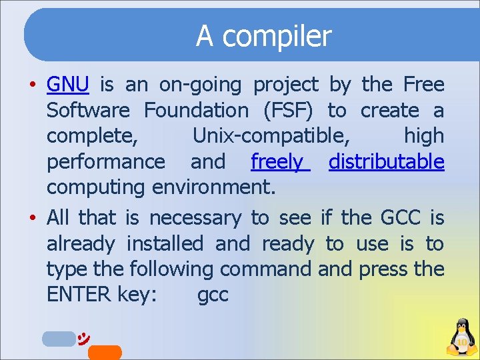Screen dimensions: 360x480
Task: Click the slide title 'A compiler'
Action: pos(263,37)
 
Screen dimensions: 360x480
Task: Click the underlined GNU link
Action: pos(67,85)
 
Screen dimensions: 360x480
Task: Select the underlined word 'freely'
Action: pos(279,161)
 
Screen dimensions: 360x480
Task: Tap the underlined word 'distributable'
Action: pos(386,161)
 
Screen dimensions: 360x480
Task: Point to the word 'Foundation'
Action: pos(196,110)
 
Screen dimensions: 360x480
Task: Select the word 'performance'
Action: pos(106,162)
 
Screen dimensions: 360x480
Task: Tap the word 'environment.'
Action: pos(213,187)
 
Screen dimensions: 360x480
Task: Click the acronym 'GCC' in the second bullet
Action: pos(401,218)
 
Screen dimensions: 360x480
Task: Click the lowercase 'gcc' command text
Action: pos(213,295)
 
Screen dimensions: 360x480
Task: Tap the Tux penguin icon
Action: pos(460,337)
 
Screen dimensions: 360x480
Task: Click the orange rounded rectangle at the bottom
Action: pos(105,353)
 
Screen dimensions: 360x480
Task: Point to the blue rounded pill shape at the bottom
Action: pos(59,339)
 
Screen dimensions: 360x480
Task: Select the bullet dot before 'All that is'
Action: pos(32,219)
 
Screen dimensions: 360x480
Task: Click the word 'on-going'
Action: pos(205,85)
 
